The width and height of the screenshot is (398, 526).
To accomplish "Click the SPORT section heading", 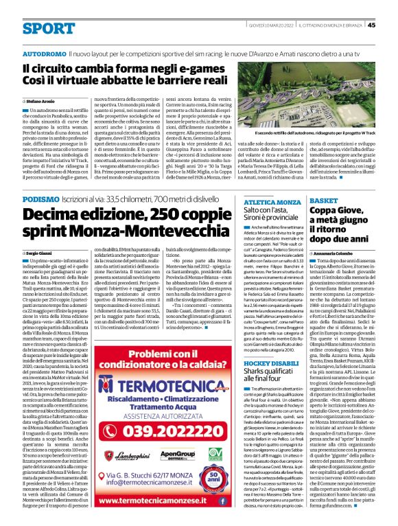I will [x=48, y=28].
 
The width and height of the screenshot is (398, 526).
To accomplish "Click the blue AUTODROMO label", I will [x=45, y=54].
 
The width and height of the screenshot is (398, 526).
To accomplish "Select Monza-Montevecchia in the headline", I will [x=137, y=231].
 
